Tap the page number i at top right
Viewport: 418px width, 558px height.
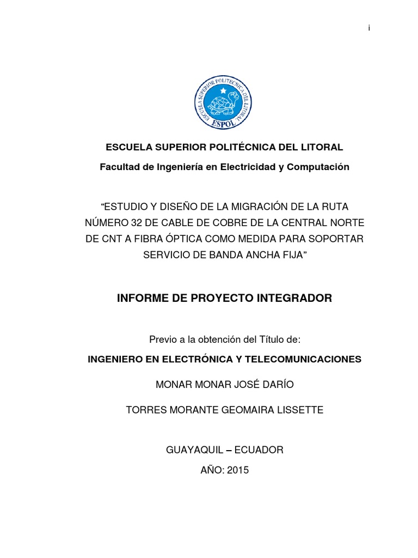(x=369, y=28)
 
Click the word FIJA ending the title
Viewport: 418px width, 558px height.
(x=293, y=255)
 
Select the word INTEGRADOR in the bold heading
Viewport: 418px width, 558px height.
(x=291, y=299)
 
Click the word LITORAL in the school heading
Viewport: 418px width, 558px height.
(x=321, y=147)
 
